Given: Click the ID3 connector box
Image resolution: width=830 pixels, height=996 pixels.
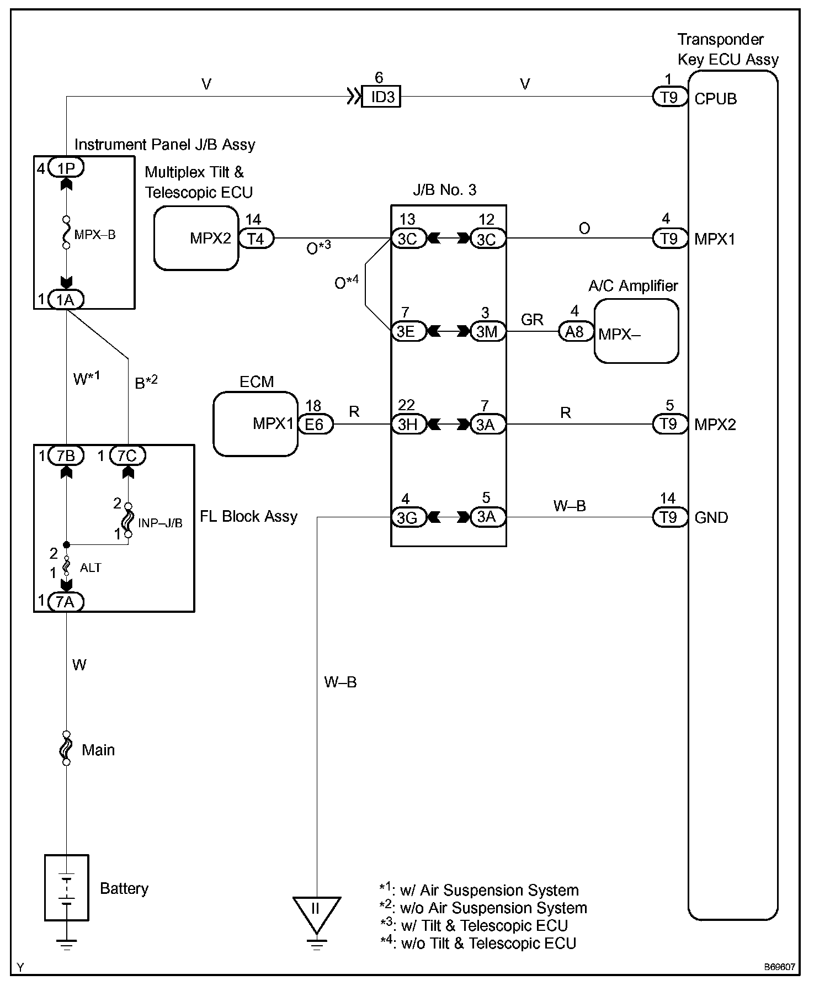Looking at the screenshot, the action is pyautogui.click(x=381, y=97).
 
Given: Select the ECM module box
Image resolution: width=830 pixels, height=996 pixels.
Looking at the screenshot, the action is pyautogui.click(x=256, y=424).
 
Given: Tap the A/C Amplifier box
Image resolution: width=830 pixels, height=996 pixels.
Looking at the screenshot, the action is pyautogui.click(x=636, y=331).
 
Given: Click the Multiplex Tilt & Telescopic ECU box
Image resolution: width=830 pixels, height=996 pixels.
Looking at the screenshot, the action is pyautogui.click(x=196, y=238).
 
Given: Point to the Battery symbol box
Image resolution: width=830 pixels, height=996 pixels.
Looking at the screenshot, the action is pyautogui.click(x=66, y=888).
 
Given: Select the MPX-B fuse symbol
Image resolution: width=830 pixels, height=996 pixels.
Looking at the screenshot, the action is pyautogui.click(x=66, y=232).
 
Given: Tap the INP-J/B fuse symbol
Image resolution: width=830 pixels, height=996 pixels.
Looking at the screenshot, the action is pyautogui.click(x=128, y=520).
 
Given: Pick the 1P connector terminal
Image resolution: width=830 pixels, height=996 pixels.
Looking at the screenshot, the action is pyautogui.click(x=66, y=167).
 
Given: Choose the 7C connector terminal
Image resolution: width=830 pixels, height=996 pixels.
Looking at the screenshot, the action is pyautogui.click(x=127, y=455).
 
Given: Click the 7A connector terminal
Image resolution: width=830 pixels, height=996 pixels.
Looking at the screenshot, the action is pyautogui.click(x=66, y=601).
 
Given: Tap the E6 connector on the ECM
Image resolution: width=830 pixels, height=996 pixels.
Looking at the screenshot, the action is pyautogui.click(x=315, y=424).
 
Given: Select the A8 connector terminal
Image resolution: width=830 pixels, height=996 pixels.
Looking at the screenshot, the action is pyautogui.click(x=575, y=331).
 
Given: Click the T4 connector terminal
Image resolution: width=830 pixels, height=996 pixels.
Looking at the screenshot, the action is pyautogui.click(x=256, y=239).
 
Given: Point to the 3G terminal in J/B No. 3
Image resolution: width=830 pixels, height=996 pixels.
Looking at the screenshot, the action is pyautogui.click(x=408, y=517).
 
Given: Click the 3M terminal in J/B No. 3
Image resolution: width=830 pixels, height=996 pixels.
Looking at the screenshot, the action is pyautogui.click(x=487, y=331).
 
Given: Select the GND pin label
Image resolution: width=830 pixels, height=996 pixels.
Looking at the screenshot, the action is pyautogui.click(x=711, y=517).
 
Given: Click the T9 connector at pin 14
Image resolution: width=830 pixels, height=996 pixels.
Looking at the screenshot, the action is pyautogui.click(x=669, y=517).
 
